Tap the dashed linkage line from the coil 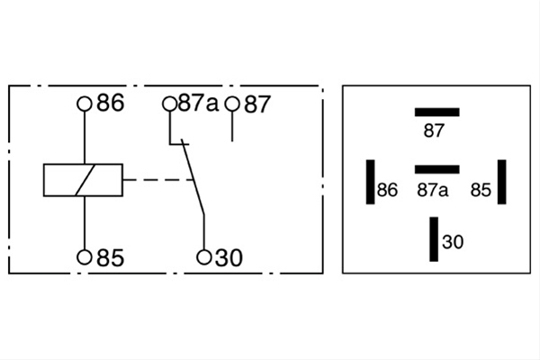point(158,179)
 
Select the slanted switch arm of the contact point(193,177)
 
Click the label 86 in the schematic point(110,103)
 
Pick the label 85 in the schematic point(110,257)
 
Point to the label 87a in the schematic point(198,103)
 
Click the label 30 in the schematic point(229,257)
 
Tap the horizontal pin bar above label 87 point(437,112)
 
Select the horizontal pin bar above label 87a point(437,169)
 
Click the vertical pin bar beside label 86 point(371,182)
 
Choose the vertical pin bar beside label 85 point(502,182)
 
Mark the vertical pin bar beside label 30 point(434,239)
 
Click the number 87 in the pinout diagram point(434,130)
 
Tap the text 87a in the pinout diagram point(433,190)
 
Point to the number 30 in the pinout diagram point(453,242)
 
